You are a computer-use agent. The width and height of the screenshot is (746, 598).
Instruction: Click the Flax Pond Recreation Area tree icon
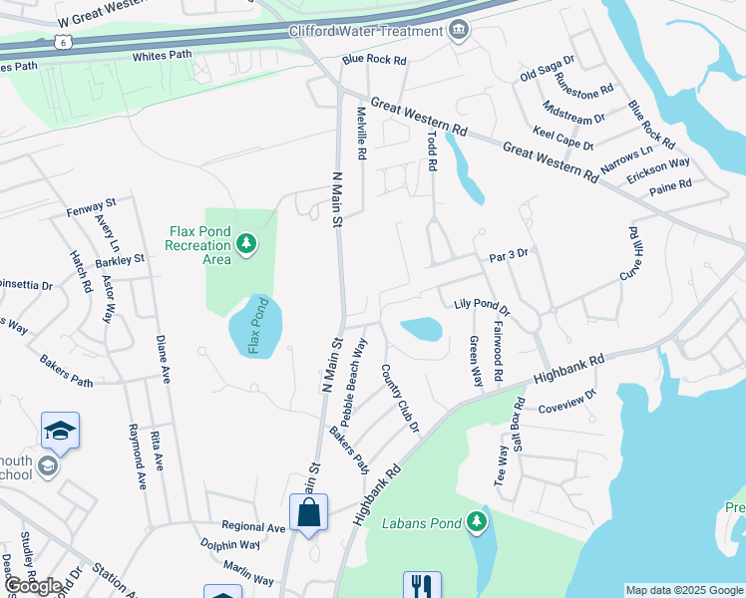[245, 243]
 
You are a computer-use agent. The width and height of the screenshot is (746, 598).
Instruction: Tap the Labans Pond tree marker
[478, 521]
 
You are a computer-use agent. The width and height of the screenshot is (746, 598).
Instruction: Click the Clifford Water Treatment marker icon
[458, 30]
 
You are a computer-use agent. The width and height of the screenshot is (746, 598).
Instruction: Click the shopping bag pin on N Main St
[309, 512]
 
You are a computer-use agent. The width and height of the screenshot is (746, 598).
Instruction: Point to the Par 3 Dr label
[508, 254]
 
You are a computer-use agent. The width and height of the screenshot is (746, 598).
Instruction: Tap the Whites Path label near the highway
[161, 57]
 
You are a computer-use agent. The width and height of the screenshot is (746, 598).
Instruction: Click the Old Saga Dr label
[548, 69]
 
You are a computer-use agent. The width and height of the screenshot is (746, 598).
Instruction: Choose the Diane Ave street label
[163, 361]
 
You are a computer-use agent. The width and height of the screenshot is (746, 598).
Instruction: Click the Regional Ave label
[254, 526]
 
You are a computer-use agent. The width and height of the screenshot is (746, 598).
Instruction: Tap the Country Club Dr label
[400, 398]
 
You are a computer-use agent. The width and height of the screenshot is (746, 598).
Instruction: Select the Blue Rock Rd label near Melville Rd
[374, 60]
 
